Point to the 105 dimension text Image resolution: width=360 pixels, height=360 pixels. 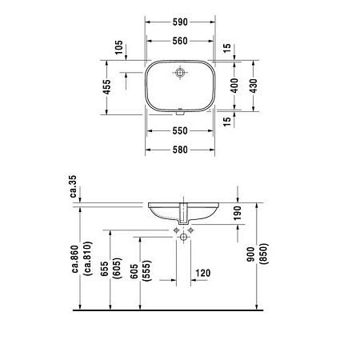118,49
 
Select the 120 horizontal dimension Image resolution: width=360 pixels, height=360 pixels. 202,274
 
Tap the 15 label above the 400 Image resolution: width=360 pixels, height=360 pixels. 228,49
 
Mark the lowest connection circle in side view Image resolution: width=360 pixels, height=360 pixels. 183,238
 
